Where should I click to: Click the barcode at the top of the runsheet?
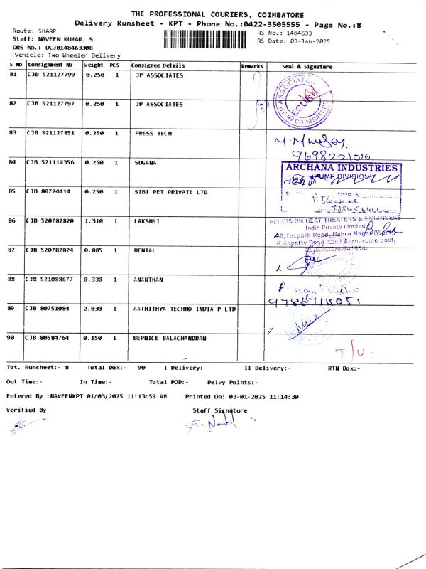click(208, 38)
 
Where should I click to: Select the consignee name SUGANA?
click(145, 163)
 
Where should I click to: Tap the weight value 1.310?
click(94, 221)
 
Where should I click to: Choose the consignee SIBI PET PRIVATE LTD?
click(171, 192)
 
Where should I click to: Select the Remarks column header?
click(252, 66)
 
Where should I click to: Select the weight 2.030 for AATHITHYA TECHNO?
click(94, 309)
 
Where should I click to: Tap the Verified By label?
click(26, 410)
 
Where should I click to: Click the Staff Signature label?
click(219, 410)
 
